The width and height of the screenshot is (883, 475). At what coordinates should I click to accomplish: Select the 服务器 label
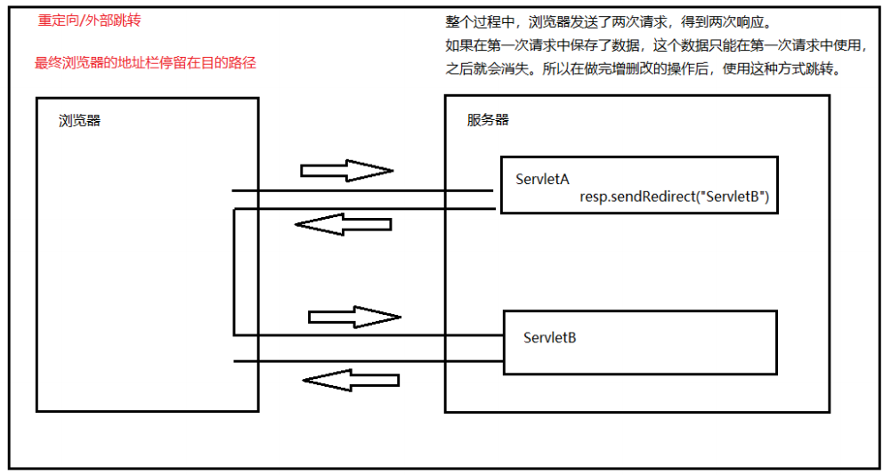click(x=488, y=120)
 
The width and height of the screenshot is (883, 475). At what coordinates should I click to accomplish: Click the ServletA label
click(x=542, y=180)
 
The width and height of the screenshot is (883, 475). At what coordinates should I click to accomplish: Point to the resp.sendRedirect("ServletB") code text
click(x=674, y=197)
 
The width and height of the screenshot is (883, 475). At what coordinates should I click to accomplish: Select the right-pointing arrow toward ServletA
click(x=346, y=170)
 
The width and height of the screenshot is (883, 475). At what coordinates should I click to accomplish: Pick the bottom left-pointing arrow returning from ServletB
click(x=350, y=381)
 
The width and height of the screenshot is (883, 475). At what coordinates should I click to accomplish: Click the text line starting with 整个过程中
click(x=612, y=21)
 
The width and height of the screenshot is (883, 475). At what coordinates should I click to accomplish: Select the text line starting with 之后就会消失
click(x=641, y=69)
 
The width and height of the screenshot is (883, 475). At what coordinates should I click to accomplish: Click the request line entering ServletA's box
click(x=361, y=190)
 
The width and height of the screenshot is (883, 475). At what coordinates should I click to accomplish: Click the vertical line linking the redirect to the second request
click(x=234, y=272)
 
